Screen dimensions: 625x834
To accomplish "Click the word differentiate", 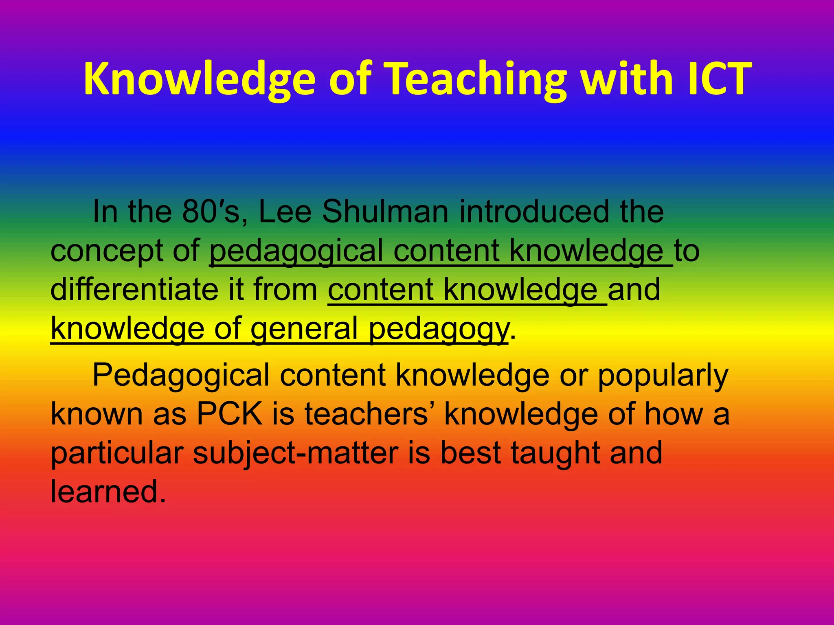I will pos(134,290).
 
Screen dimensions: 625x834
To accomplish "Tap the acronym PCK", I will pos(230,414).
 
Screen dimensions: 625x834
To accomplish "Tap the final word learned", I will pos(108,492).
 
